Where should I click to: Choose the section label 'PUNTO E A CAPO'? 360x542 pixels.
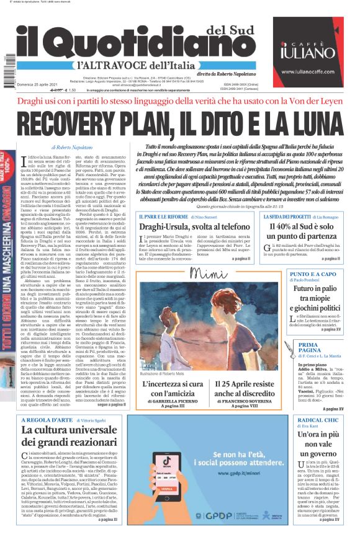pos(287,273)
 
